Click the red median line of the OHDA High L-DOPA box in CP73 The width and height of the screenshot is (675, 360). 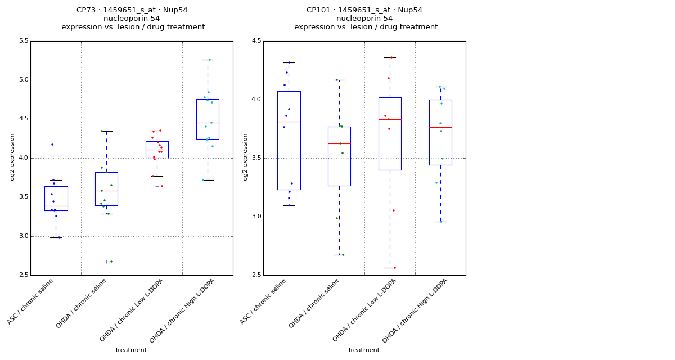point(208,123)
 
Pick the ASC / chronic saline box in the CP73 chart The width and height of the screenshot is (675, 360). point(56,198)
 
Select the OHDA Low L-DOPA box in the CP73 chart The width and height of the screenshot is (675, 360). point(157,149)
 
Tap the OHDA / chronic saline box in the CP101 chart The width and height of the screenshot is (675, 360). point(339,156)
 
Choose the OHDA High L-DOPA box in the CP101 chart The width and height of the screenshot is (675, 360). point(440,132)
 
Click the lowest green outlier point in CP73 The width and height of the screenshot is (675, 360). point(111,262)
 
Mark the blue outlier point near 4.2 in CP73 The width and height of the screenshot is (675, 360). point(52,145)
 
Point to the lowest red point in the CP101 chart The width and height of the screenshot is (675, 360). point(394,268)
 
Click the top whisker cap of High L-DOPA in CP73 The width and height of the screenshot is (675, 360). point(208,60)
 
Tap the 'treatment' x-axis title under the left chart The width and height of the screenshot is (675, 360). point(131,350)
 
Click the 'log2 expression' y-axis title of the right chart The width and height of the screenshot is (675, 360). point(245,157)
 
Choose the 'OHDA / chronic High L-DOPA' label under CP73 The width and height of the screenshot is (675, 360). point(182,311)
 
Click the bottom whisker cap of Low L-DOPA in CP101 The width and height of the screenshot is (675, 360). point(390,268)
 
